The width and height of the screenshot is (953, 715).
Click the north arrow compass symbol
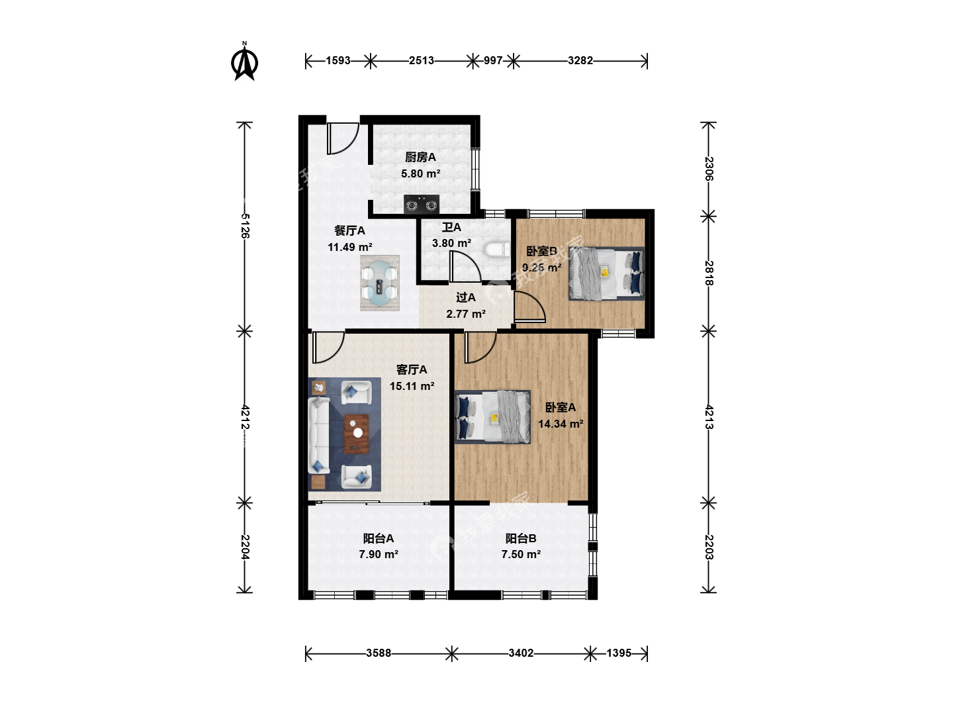click(x=244, y=62)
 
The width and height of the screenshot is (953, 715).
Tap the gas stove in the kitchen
click(x=421, y=205)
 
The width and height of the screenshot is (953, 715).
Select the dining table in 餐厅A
click(x=379, y=283)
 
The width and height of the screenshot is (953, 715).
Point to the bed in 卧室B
click(x=606, y=273)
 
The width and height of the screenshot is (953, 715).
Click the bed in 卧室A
click(x=492, y=417)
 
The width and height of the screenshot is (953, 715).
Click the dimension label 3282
click(x=580, y=61)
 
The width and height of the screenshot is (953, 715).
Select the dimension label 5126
click(x=245, y=226)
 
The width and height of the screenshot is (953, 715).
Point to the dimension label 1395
click(x=619, y=653)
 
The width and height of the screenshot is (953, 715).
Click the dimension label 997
click(x=493, y=61)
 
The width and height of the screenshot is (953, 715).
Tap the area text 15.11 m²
click(x=412, y=386)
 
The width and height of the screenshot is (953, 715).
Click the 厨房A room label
click(x=420, y=157)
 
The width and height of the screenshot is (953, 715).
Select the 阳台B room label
click(x=521, y=539)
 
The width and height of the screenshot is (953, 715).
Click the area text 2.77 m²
click(x=466, y=314)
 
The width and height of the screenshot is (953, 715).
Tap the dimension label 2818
click(x=709, y=273)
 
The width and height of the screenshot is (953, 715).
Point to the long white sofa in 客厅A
click(x=319, y=436)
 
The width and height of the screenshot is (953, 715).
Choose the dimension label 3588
click(x=379, y=653)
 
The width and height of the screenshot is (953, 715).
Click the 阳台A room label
click(x=379, y=539)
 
